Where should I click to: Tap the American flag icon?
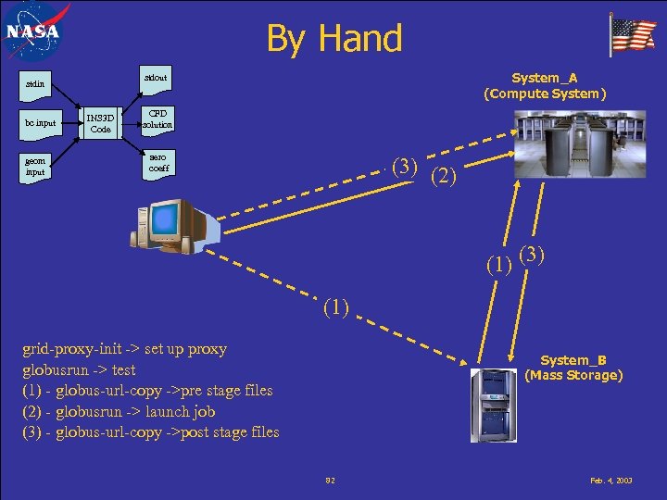pyautogui.click(x=633, y=35)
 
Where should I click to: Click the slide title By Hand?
pyautogui.click(x=334, y=39)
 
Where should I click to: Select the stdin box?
pyautogui.click(x=40, y=84)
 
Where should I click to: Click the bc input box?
pyautogui.click(x=41, y=123)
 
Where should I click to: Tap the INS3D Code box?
pyautogui.click(x=100, y=123)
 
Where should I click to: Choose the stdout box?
pyautogui.click(x=156, y=79)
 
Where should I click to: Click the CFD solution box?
pyautogui.click(x=157, y=119)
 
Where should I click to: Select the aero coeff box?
pyautogui.click(x=157, y=162)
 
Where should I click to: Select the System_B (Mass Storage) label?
pyautogui.click(x=573, y=368)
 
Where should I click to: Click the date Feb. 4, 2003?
pyautogui.click(x=612, y=481)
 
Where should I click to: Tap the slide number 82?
pyautogui.click(x=330, y=481)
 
